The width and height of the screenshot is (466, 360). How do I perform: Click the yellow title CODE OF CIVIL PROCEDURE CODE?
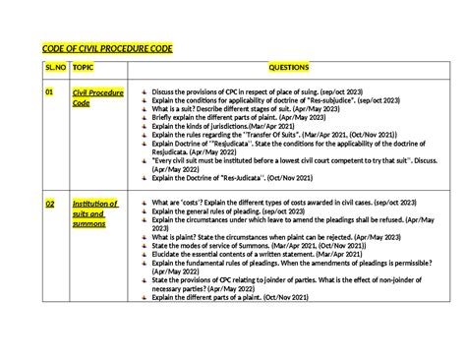click(x=105, y=52)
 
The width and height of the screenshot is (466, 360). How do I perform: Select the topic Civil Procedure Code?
click(x=97, y=97)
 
